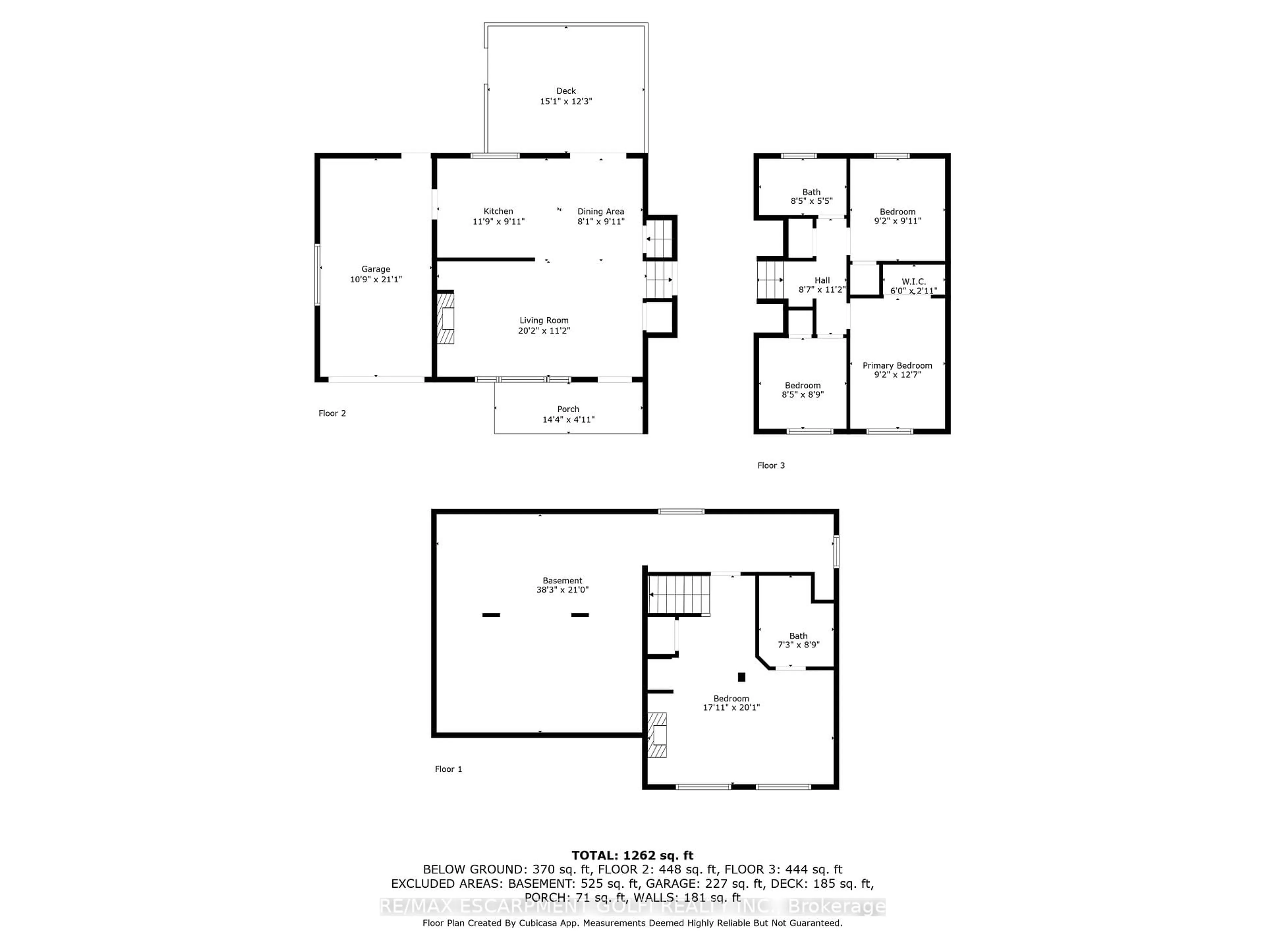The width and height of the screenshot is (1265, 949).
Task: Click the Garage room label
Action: click(376, 269)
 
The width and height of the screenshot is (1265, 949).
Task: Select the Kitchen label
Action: click(498, 211)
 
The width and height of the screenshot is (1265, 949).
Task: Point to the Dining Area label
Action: click(601, 212)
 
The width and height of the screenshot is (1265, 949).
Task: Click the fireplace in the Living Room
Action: click(446, 318)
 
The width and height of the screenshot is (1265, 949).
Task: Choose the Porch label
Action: click(568, 409)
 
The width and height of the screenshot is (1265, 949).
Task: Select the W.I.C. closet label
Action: click(913, 281)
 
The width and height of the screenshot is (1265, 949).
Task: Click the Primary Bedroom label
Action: click(897, 365)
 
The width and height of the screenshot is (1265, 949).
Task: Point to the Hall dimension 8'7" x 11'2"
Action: click(822, 289)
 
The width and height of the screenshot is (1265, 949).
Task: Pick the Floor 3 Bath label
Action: click(811, 192)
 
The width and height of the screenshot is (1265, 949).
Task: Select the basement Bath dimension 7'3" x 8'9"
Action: click(798, 645)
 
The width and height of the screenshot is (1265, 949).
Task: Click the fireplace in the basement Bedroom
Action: click(658, 734)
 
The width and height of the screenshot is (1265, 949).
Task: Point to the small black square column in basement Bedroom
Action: click(742, 677)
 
